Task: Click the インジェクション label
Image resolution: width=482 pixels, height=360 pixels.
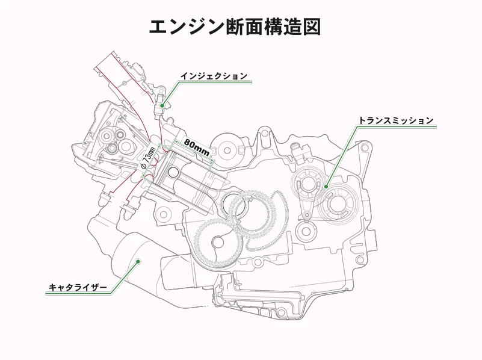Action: point(214,76)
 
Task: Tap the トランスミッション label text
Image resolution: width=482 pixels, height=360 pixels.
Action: point(395,120)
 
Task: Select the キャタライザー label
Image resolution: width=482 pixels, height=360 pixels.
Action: point(78,287)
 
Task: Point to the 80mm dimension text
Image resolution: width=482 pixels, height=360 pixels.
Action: point(197,146)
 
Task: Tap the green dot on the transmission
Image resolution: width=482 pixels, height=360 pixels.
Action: point(326,187)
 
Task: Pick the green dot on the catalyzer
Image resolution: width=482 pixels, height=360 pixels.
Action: point(138,261)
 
